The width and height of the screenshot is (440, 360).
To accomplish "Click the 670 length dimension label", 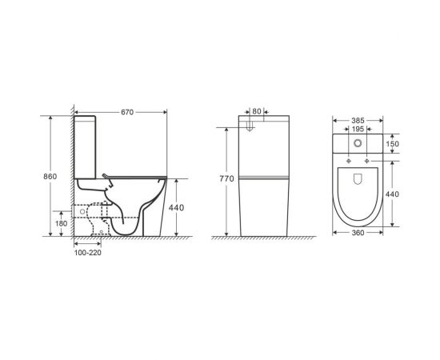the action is pos(127,112).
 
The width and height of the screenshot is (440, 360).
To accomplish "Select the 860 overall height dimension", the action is pos(50,177).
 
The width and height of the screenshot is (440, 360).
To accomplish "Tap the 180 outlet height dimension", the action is pos(61,224).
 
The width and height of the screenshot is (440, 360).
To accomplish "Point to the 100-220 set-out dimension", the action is pos(87,253).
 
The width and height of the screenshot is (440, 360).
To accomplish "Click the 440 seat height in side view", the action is pos(176,208).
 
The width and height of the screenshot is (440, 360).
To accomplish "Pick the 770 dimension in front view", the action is pos(226,178).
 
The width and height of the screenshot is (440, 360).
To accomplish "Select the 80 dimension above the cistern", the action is pos(257,112).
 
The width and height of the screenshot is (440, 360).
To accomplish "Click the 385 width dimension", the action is pos(358,121).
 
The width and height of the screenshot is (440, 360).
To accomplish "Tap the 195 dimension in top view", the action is pos(358,129).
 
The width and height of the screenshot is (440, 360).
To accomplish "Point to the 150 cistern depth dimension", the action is pos(392,144).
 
